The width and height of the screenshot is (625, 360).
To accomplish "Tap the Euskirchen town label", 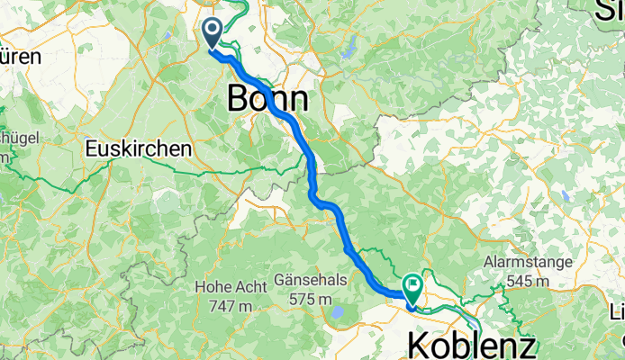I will point(140,148).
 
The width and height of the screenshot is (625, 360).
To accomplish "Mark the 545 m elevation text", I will point(528,280).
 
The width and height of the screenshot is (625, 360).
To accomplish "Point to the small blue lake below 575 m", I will point(337,313).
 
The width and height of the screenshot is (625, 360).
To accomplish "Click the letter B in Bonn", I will point(240,97).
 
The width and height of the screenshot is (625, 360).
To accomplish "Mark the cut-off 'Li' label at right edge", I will point(618,313).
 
